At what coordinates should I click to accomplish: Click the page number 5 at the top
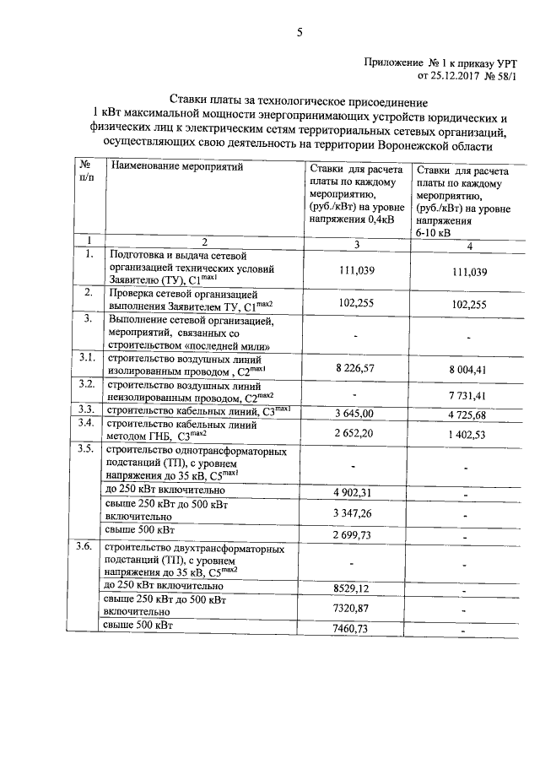(299, 33)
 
